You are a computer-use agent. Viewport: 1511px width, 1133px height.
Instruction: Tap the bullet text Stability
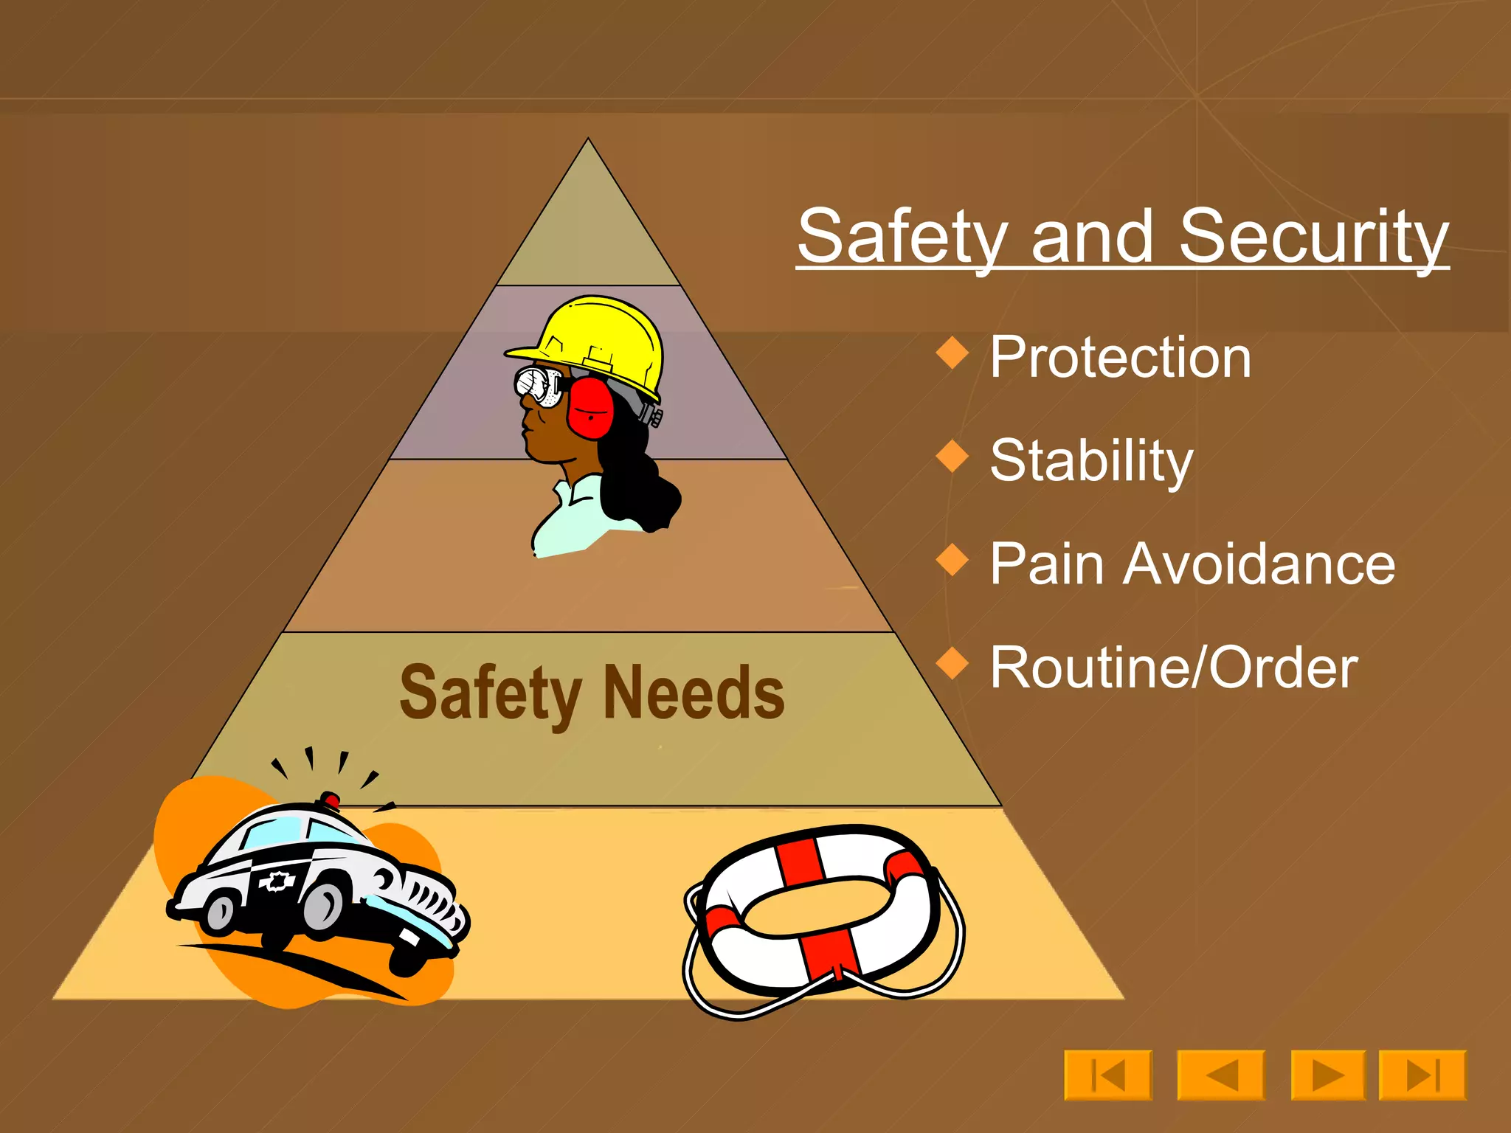[1091, 461]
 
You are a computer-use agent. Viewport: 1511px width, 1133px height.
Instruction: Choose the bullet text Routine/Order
[1173, 668]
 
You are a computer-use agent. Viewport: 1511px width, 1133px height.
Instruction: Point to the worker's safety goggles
[539, 386]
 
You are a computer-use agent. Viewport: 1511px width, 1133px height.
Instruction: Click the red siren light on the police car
[329, 800]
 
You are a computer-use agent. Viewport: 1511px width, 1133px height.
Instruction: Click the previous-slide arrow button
[1221, 1075]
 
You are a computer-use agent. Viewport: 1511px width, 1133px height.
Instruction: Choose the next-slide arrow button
[1328, 1075]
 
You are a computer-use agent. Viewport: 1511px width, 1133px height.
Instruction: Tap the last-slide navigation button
[1422, 1075]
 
